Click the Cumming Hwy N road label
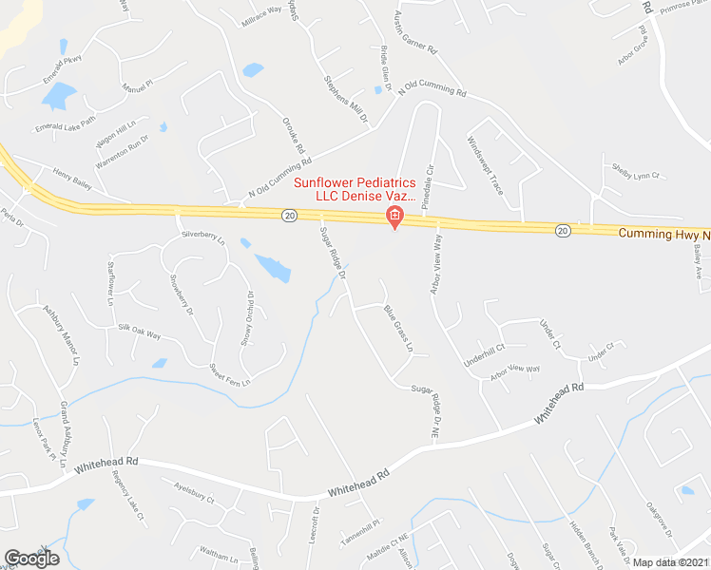[664, 233]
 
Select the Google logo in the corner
[31, 559]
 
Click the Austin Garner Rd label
[413, 33]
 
